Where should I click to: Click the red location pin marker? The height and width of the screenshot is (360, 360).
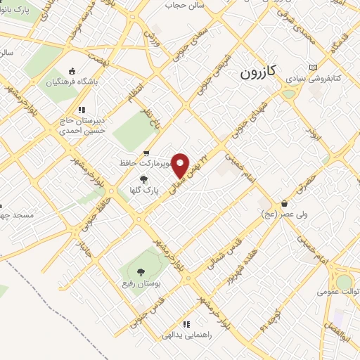click(181, 165)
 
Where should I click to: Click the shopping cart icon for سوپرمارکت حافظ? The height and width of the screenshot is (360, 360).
click(146, 153)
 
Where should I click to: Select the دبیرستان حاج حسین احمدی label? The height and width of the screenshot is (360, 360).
click(82, 125)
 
